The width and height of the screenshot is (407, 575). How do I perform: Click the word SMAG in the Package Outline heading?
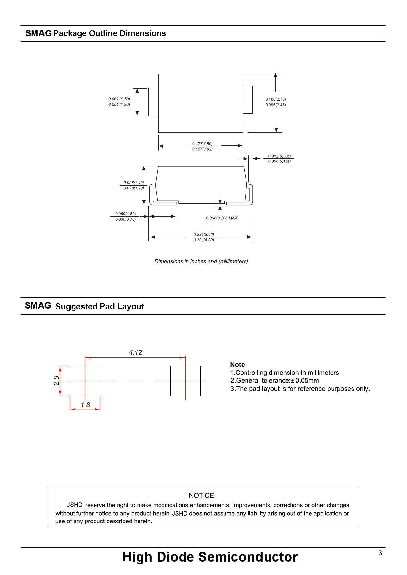pos(38,33)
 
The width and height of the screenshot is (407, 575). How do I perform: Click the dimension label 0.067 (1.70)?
pos(119,99)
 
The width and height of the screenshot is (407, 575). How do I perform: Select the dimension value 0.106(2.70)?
pos(275,99)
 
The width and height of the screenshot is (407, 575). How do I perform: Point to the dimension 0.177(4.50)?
pos(202,144)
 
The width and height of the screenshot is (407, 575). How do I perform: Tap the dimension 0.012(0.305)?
pos(279,156)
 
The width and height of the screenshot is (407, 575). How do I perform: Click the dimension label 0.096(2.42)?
pos(134,183)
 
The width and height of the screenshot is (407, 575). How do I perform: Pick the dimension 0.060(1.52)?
pos(125,214)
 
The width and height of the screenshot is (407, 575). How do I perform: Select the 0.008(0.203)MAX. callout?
pos(222,218)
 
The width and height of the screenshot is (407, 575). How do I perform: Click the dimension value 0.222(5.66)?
pos(203,234)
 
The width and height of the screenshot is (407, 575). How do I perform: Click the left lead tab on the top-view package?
pos(153,102)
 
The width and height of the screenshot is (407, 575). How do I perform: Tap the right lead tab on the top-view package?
pos(248,99)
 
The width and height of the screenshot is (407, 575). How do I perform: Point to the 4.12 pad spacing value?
pos(136,352)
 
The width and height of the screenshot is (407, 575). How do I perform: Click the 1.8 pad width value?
pos(85,405)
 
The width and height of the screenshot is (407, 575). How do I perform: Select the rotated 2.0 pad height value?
pos(56,380)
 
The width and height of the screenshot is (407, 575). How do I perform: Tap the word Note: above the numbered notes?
pos(238,365)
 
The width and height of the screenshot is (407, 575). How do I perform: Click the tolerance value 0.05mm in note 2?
pos(307,381)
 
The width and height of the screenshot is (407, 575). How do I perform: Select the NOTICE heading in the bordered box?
pos(201,495)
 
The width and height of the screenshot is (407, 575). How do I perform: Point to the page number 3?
pos(380,553)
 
